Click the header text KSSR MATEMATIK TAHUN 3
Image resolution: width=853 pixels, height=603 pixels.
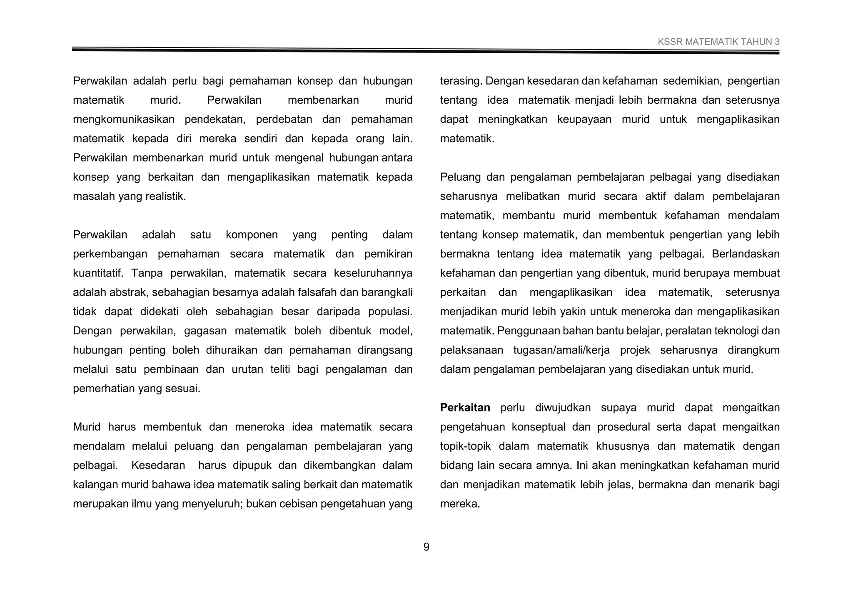tap(718, 42)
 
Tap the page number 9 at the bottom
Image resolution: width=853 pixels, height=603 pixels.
tap(426, 547)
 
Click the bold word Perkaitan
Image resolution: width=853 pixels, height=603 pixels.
tap(465, 408)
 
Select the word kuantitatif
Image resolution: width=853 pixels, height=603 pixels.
tap(98, 273)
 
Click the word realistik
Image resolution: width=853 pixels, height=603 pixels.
tap(165, 197)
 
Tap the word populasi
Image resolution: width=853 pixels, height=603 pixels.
tap(390, 311)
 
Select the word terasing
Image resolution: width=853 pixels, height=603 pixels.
tap(461, 81)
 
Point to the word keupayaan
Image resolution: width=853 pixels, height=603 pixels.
tap(584, 120)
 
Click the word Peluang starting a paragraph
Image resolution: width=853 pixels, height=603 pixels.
tap(458, 177)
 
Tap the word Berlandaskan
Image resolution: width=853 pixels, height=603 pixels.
tap(746, 254)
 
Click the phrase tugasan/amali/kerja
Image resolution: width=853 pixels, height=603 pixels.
tap(561, 350)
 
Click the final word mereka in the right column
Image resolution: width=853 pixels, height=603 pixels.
tap(460, 504)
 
